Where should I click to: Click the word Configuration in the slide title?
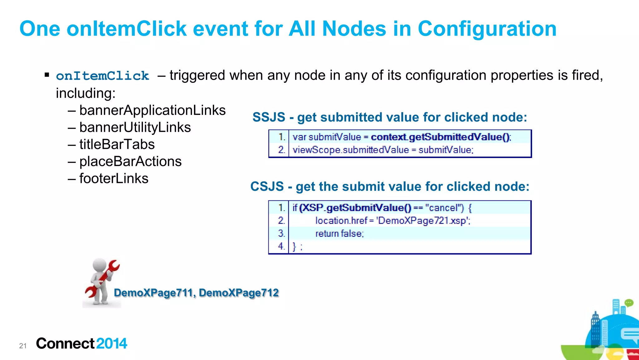pyautogui.click(x=487, y=29)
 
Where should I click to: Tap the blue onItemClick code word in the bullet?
pyautogui.click(x=102, y=76)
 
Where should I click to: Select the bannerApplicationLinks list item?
pyautogui.click(x=152, y=110)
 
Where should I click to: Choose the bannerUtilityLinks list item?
pyautogui.click(x=135, y=127)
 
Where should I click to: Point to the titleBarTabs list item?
pyautogui.click(x=117, y=144)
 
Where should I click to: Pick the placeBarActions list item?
pyautogui.click(x=130, y=161)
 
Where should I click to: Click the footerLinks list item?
pyautogui.click(x=114, y=179)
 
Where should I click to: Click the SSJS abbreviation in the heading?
pyautogui.click(x=269, y=117)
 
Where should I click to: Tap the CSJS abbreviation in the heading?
pyautogui.click(x=267, y=187)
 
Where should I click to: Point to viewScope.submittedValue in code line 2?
pyautogui.click(x=350, y=150)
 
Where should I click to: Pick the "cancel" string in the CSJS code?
pyautogui.click(x=444, y=208)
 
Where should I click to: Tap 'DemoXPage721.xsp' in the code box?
pyautogui.click(x=423, y=221)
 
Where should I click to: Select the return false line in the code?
pyautogui.click(x=339, y=234)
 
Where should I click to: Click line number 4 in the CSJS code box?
pyautogui.click(x=281, y=246)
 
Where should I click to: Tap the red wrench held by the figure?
pyautogui.click(x=105, y=278)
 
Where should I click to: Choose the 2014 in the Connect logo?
pyautogui.click(x=112, y=343)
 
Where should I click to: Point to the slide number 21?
pyautogui.click(x=23, y=346)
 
